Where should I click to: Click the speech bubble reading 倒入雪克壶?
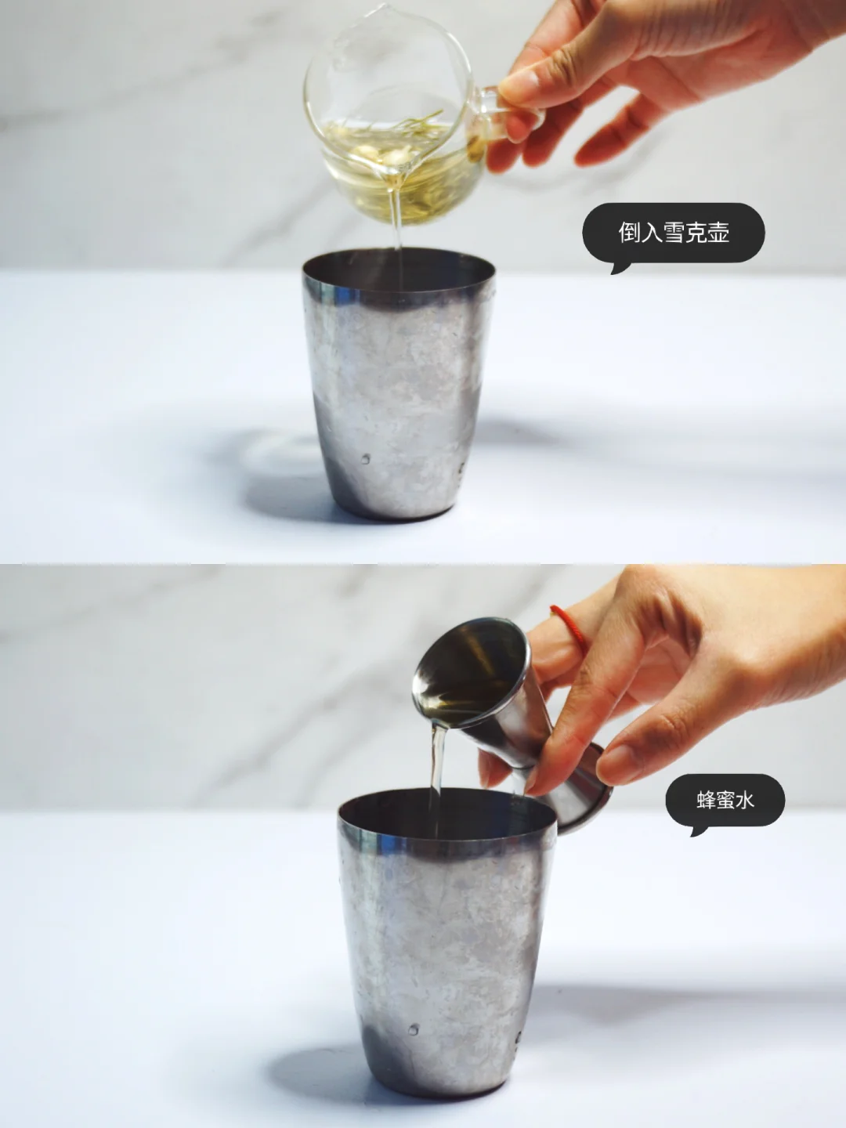[x=673, y=233]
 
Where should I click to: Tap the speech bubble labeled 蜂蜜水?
[x=725, y=801]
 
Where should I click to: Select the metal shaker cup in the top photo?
[x=399, y=385]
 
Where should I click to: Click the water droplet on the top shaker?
[x=365, y=459]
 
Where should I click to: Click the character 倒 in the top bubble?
[x=629, y=233]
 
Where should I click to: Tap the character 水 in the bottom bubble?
[x=744, y=800]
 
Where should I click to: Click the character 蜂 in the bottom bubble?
[x=706, y=800]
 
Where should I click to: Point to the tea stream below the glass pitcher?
[x=396, y=226]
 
